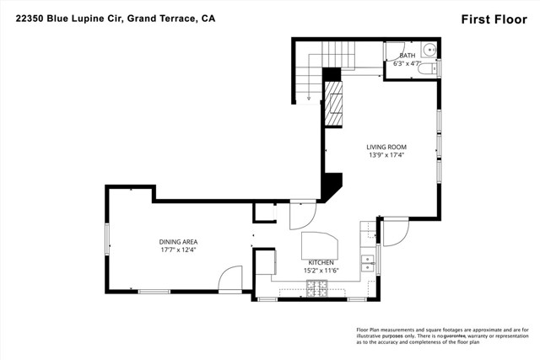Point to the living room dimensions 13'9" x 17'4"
pos(386,155)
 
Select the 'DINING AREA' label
pos(178,241)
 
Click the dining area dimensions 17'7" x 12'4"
pos(178,250)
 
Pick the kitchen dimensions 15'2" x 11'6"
pos(321,271)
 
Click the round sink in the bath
pos(427,49)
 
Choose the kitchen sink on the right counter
pos(367,263)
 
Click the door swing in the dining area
pos(229,281)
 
